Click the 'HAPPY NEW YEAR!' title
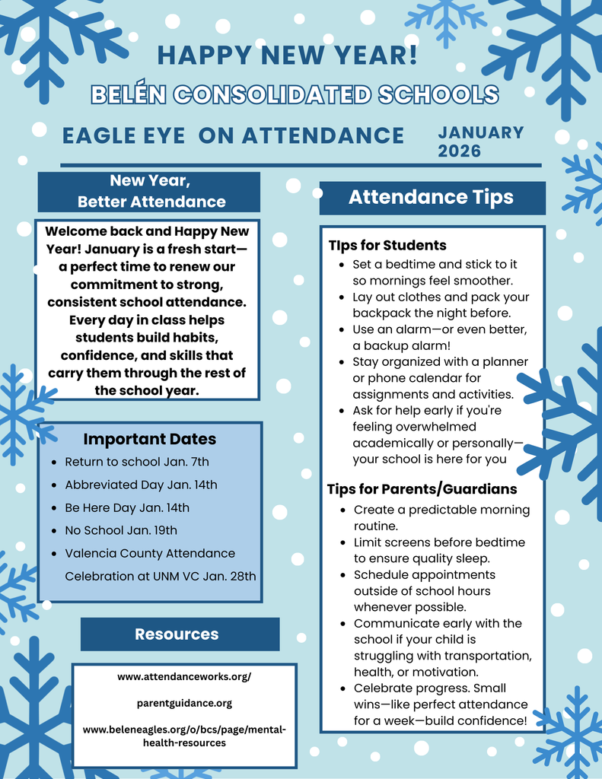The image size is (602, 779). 287,55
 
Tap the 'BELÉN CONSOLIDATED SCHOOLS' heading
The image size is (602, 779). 295,94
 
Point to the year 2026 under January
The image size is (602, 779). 459,151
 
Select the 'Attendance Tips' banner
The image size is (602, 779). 431,198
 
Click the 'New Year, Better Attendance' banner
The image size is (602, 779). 150,191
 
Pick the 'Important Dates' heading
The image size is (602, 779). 149,439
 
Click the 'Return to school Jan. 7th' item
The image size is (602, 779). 137,462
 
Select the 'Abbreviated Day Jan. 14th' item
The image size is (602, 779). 141,485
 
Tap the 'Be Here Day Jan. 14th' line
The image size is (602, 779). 127,507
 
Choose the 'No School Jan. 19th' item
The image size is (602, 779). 121,530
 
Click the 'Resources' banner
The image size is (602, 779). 177,634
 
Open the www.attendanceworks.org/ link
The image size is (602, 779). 184,676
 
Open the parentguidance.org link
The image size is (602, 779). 184,703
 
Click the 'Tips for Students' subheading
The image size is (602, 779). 387,245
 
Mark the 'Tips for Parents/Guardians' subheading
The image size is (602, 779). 422,488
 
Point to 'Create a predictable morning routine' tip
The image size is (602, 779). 441,517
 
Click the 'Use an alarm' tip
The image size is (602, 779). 440,337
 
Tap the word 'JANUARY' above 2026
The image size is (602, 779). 481,132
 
